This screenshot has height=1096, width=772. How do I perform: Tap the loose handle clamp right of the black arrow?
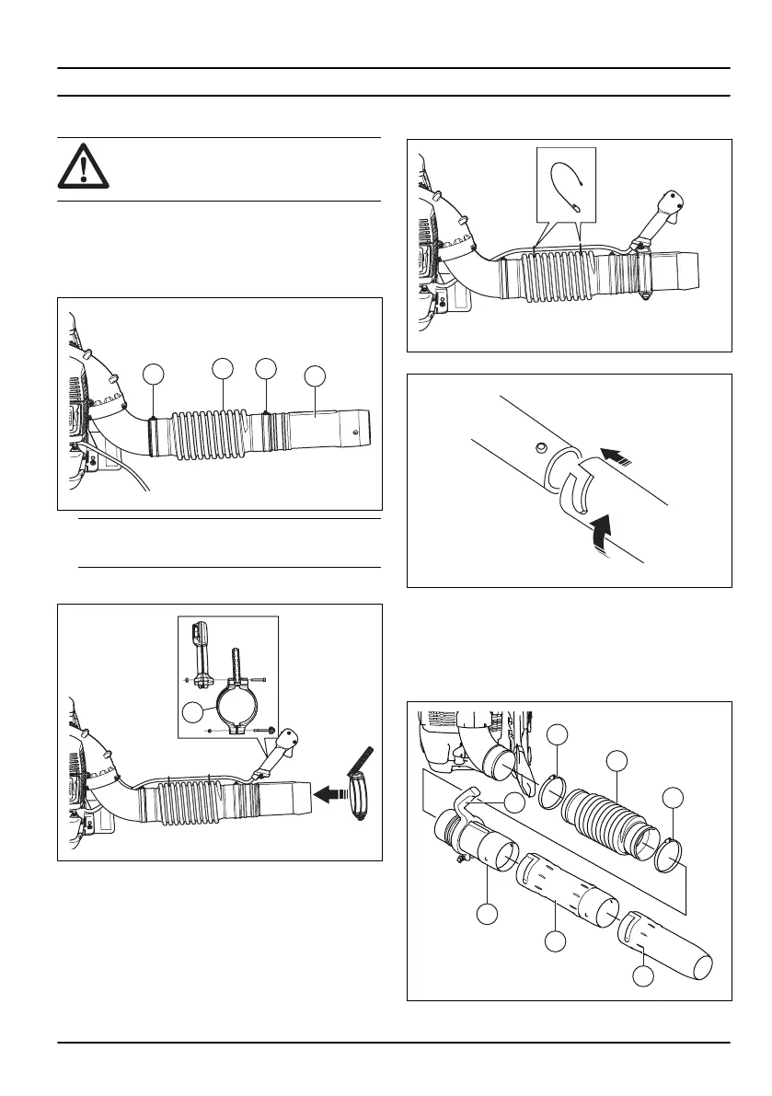pos(356,786)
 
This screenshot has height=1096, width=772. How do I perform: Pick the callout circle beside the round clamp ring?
pos(193,711)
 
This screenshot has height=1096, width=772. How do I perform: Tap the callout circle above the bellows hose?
pos(616,759)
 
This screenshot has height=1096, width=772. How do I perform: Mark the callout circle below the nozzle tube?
pos(643,975)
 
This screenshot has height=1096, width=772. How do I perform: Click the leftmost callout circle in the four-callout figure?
pos(155,373)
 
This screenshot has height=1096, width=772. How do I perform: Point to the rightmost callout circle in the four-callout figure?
pos(316,375)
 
